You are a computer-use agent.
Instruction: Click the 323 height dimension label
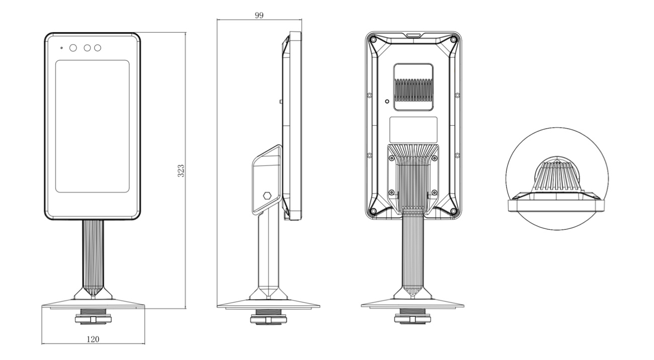pos(181,170)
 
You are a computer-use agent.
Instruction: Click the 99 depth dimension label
pos(259,15)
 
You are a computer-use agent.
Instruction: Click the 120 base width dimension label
pos(93,339)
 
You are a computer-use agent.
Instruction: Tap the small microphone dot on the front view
pos(61,48)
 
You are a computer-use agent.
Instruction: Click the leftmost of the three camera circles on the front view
pos(73,48)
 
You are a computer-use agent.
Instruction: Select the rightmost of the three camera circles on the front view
pos(98,48)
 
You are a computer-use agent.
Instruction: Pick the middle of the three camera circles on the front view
pos(87,48)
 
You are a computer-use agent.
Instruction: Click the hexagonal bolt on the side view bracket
pos(267,196)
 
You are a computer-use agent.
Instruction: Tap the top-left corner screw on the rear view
pos(373,39)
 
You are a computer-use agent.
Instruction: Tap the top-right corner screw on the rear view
pos(453,39)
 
